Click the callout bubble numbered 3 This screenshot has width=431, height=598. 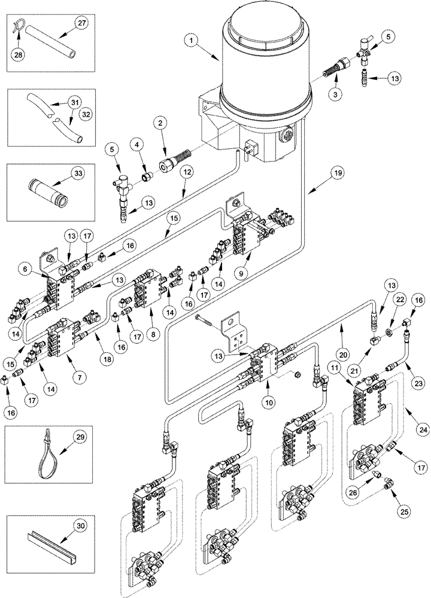tap(338, 95)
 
